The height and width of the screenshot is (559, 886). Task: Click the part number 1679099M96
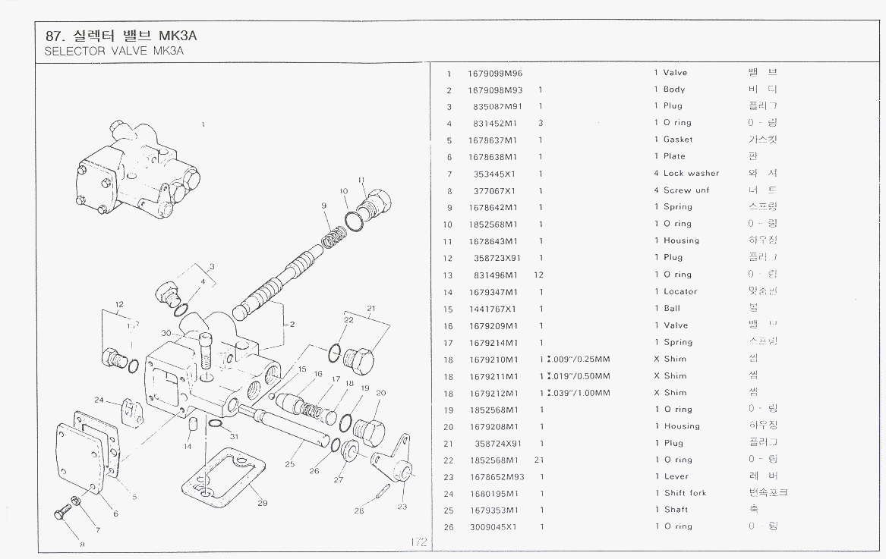496,73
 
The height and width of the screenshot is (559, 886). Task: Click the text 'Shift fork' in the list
685,493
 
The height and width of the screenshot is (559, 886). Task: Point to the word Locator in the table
680,291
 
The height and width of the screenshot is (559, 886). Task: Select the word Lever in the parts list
676,476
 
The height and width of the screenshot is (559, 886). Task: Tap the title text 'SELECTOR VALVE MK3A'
115,52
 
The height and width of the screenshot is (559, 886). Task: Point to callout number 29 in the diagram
263,503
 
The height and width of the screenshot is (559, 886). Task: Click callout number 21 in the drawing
371,308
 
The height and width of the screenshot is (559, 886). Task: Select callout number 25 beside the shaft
289,464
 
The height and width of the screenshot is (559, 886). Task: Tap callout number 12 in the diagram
119,305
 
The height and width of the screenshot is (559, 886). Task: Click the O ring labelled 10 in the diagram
353,220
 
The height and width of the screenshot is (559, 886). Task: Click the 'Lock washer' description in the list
691,174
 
